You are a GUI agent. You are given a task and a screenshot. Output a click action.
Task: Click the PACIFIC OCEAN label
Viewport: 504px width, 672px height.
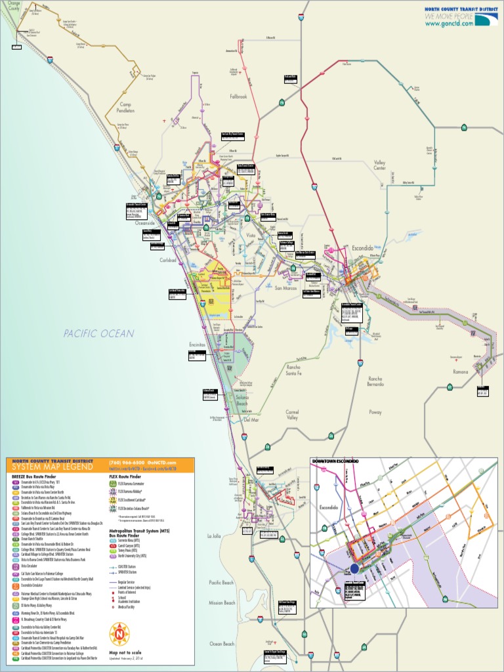click(x=99, y=333)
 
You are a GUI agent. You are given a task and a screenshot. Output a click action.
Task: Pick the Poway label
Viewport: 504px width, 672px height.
click(x=375, y=413)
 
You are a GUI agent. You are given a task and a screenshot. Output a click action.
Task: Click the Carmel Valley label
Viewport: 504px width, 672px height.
click(x=292, y=415)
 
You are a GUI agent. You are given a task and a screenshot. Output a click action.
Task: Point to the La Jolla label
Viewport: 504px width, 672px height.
click(x=214, y=536)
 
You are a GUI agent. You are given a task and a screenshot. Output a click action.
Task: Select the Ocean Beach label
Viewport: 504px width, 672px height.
click(x=221, y=644)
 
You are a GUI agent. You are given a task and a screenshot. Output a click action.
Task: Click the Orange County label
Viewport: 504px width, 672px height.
click(x=10, y=7)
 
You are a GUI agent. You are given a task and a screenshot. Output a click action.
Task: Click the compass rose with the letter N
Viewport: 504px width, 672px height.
click(x=120, y=634)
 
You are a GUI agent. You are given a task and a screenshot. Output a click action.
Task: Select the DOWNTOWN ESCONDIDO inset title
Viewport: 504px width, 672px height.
click(x=336, y=462)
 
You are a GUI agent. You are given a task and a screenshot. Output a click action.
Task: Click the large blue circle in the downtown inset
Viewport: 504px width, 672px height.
click(x=354, y=569)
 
